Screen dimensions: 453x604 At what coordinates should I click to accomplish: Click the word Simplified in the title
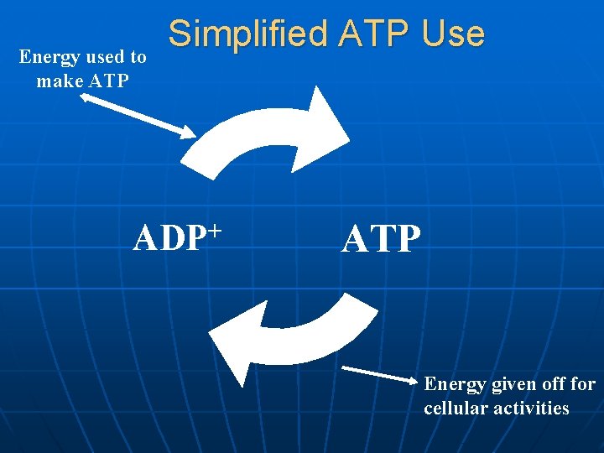click(x=247, y=34)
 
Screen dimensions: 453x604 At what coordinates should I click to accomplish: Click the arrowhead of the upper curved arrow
click(x=323, y=126)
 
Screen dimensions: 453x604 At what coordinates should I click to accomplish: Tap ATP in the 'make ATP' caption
click(x=107, y=81)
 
